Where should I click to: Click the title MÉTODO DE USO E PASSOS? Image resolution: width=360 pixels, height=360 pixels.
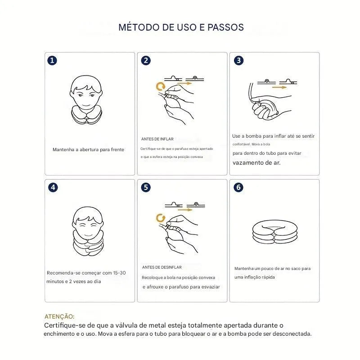[x=181, y=27]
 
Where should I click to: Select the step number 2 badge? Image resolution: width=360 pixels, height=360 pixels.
[x=146, y=61]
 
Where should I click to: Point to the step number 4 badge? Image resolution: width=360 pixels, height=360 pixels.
[x=53, y=188]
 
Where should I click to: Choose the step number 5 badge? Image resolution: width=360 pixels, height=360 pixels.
[x=146, y=188]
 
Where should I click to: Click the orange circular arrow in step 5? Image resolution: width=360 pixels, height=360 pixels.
[x=159, y=218]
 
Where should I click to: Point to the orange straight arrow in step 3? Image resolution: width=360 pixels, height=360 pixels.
[x=279, y=88]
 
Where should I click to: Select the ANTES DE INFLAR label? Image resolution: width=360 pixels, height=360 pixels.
[x=157, y=139]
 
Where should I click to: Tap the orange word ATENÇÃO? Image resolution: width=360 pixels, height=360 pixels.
[x=59, y=317]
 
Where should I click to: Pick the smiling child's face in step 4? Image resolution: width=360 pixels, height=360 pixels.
[x=87, y=221]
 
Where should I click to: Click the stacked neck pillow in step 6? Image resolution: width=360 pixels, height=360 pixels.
[x=271, y=231]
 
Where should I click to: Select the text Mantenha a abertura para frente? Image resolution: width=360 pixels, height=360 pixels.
[x=88, y=149]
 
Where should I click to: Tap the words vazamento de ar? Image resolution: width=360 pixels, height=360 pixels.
[x=256, y=162]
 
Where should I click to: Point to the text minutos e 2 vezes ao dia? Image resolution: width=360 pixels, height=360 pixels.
[x=74, y=281]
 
